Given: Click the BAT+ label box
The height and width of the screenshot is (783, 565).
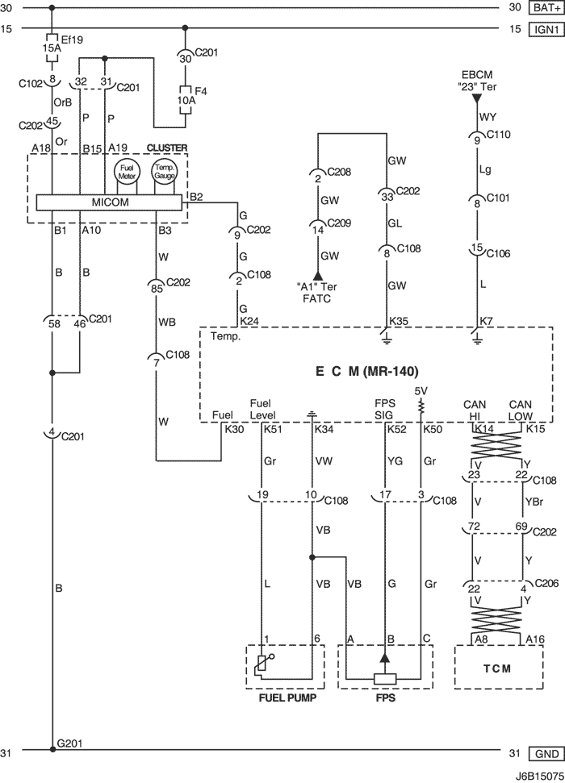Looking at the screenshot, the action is pos(546,7).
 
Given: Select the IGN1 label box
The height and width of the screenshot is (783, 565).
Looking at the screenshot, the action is pos(546,29).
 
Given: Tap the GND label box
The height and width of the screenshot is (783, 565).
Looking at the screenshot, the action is pos(546,753).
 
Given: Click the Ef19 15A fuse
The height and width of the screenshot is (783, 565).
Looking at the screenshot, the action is pos(52,48).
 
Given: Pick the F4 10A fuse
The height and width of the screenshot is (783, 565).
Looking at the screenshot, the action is pos(185,100).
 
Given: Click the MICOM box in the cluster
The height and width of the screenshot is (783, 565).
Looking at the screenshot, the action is pos(109,202).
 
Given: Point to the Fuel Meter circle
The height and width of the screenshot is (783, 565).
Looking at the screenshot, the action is pos(127,172).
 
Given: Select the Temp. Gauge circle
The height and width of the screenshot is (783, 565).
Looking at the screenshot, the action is pos(164,172).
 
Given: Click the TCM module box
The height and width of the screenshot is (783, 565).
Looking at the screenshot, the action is pos(499,668).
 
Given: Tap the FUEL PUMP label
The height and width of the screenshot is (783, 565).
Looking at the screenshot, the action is pos(287,697).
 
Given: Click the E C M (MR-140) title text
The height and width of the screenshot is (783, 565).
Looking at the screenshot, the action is pos(366,371).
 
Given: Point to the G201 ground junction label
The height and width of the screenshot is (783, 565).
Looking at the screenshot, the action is pos(69,743).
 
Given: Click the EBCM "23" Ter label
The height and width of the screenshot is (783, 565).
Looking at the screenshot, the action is pos(477,81).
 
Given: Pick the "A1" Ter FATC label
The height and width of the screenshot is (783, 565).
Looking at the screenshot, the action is pos(317,293).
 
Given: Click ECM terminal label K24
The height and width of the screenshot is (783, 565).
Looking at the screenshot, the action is pos(249,321).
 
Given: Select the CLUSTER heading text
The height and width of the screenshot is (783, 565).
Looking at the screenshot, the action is pos(167,148).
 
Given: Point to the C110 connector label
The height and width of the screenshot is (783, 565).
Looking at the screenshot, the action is pos(499,134).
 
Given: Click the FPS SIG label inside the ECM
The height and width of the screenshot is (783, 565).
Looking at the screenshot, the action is pos(384,410).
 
